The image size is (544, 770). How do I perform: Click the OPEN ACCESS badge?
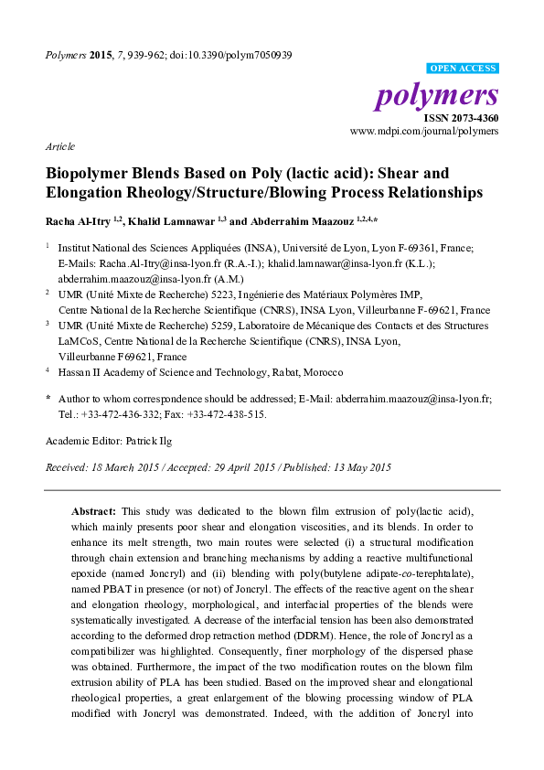[463, 69]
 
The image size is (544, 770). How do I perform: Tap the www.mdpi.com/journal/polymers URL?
[424, 132]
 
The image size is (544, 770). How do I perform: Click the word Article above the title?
[60, 146]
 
